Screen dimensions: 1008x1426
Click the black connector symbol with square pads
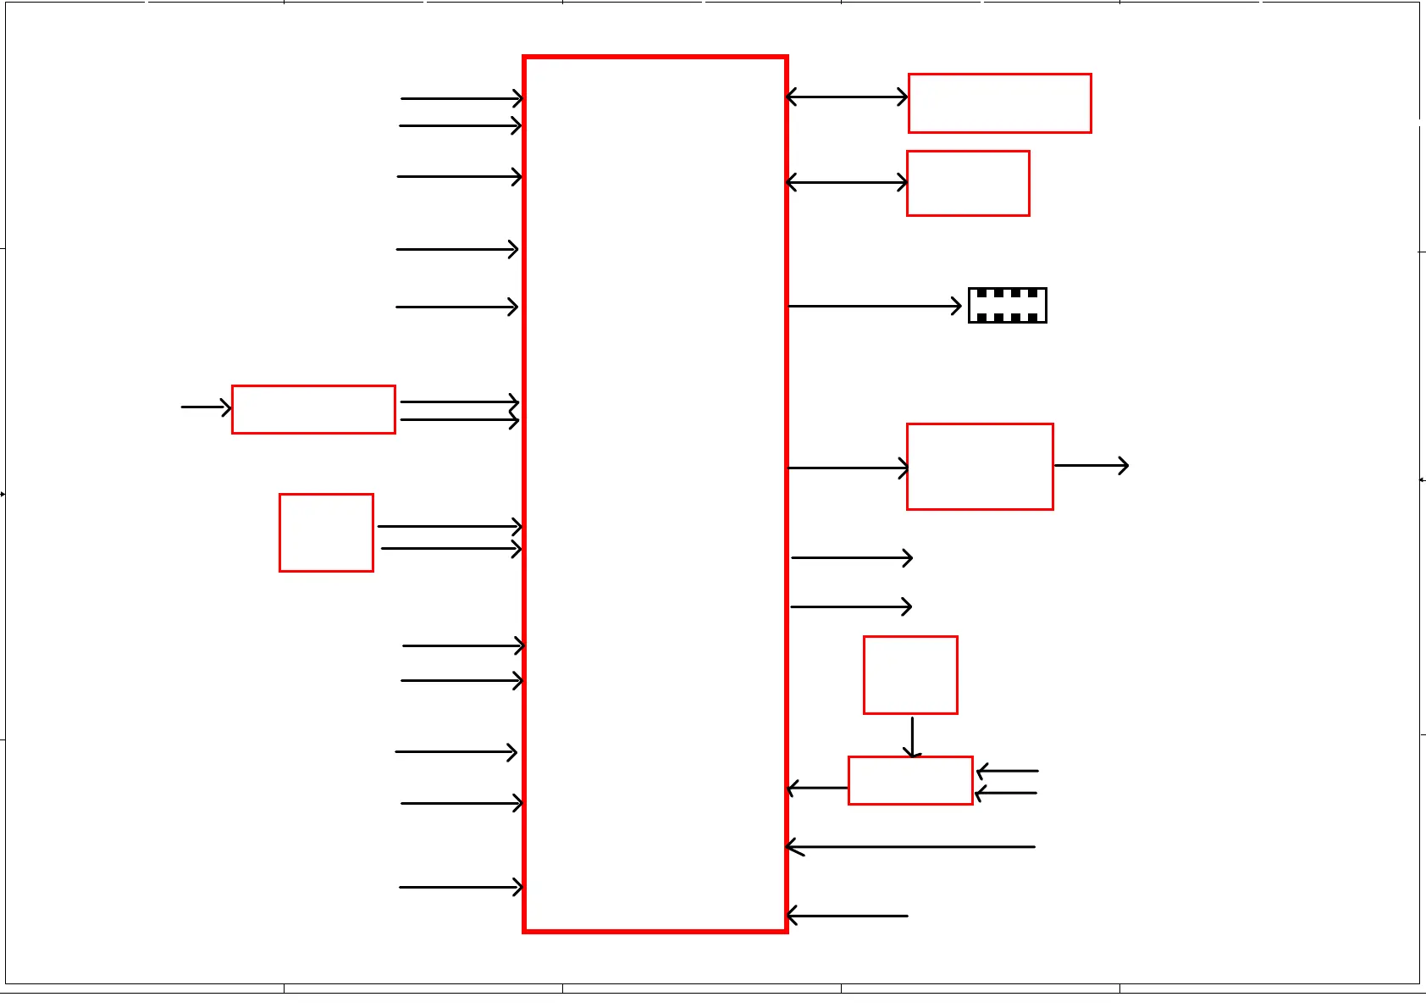point(1007,306)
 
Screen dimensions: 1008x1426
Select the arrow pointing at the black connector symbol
point(875,306)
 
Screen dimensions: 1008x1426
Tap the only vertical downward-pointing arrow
point(912,737)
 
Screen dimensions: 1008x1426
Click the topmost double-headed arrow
point(847,97)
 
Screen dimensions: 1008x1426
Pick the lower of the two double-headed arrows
point(847,182)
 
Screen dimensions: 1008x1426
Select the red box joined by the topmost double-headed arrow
point(999,103)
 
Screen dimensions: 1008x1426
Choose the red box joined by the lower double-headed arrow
point(968,184)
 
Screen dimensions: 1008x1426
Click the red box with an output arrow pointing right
point(980,467)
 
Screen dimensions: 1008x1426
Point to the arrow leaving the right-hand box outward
point(1092,465)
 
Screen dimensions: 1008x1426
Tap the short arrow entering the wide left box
point(206,407)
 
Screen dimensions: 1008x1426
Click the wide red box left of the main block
point(313,410)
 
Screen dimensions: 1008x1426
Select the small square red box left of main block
point(326,533)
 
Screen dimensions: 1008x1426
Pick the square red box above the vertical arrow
point(910,675)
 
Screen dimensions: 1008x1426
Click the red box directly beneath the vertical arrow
point(910,780)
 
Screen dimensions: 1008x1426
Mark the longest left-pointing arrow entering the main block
point(910,846)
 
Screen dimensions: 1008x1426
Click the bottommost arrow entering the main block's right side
point(847,916)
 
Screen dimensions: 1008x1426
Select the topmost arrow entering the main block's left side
point(462,98)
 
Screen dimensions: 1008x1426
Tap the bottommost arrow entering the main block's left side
point(462,887)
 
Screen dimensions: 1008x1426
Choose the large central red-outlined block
point(655,495)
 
